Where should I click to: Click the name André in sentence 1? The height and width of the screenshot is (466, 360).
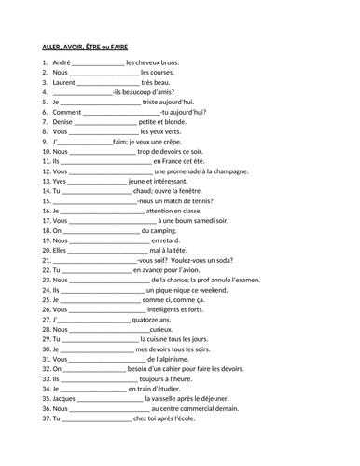click(62, 62)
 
